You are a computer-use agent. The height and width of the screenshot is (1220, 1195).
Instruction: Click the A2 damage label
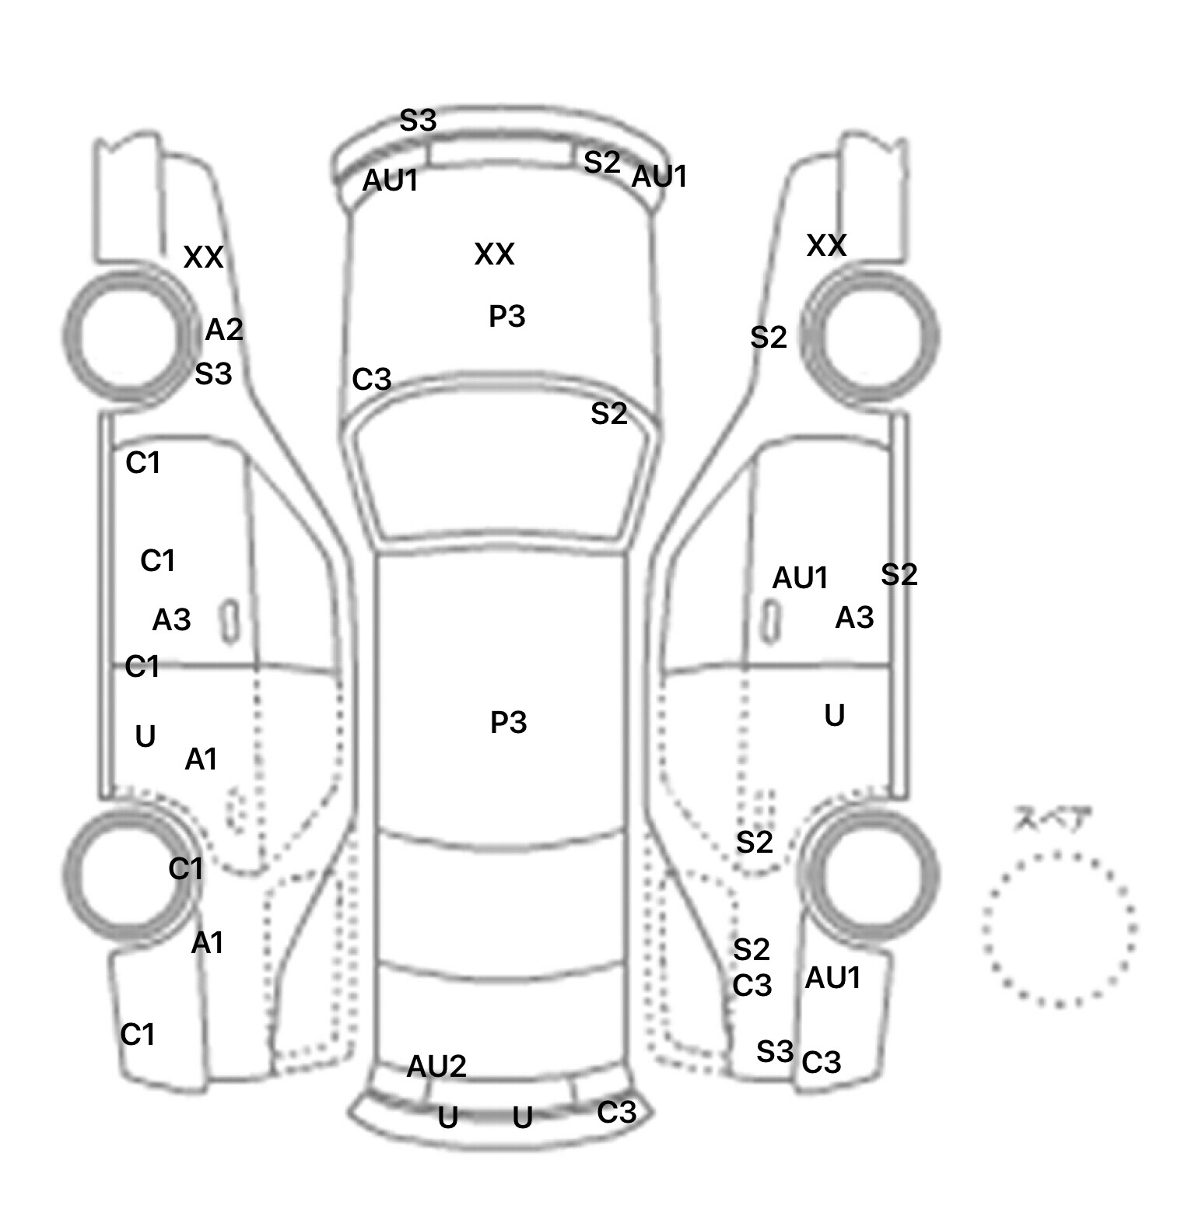click(x=224, y=331)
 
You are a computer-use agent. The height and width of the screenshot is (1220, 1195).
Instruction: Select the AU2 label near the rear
click(x=436, y=1066)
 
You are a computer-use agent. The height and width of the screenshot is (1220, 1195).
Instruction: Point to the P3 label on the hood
click(x=507, y=317)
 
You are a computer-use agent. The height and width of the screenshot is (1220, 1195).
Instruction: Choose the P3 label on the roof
click(x=509, y=723)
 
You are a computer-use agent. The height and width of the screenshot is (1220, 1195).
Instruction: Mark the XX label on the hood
click(x=494, y=254)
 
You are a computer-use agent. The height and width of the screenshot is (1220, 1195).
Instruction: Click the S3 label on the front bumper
click(x=418, y=121)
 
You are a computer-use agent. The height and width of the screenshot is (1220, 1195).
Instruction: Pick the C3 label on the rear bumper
click(x=616, y=1113)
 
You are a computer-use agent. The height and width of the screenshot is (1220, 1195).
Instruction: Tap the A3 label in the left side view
click(x=171, y=620)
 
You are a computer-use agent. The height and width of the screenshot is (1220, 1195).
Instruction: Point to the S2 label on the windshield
click(x=608, y=414)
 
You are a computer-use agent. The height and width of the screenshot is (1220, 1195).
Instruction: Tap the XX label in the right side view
click(x=826, y=246)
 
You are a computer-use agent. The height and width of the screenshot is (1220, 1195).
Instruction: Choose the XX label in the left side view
click(x=203, y=258)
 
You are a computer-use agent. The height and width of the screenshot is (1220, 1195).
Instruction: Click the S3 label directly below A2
click(x=213, y=374)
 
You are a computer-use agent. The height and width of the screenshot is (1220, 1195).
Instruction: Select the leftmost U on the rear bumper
click(x=447, y=1118)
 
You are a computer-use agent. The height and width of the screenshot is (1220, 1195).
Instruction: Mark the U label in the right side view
click(x=834, y=716)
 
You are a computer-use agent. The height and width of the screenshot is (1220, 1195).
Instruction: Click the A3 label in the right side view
click(x=854, y=618)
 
